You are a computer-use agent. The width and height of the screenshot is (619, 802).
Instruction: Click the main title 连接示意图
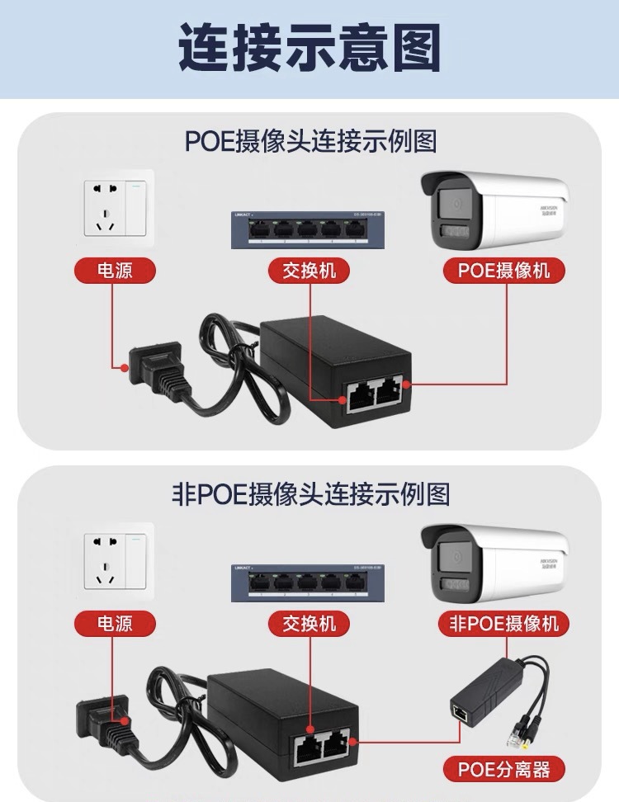coord(309,48)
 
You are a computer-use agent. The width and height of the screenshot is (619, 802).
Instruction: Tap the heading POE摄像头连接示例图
coord(309,141)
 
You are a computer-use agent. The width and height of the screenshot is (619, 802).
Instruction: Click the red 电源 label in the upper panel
coord(115,270)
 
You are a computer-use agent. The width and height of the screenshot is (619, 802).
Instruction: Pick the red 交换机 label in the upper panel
coord(309,270)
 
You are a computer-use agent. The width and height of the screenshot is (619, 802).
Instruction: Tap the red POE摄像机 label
coord(503,270)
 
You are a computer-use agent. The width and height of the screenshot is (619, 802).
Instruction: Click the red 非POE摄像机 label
coord(503,623)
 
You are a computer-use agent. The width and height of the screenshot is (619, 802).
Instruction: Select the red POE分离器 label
coord(503,770)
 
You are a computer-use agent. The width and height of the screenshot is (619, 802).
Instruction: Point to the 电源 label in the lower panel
coord(115,623)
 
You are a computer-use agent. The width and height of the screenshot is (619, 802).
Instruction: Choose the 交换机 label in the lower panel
coord(309,623)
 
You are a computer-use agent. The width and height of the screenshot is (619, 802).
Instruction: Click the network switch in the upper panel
coord(309,229)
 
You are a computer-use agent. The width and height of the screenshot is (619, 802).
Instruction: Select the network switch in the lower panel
coord(309,583)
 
